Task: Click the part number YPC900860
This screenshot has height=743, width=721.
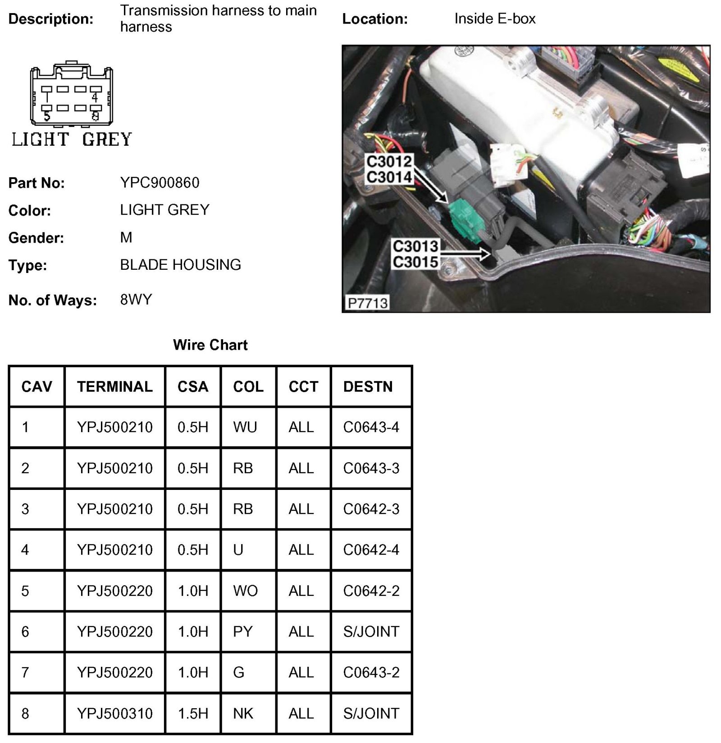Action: tap(160, 183)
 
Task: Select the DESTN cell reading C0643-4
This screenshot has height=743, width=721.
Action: tap(371, 427)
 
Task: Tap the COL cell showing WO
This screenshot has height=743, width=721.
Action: tap(245, 591)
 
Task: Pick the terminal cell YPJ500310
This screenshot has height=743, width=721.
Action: tap(115, 713)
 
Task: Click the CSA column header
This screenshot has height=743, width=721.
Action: tap(193, 387)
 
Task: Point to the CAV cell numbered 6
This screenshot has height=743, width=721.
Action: tap(25, 632)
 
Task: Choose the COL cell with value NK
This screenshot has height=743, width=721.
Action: tap(243, 713)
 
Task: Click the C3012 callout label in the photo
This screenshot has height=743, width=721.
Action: tap(389, 161)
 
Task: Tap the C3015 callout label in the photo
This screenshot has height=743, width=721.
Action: tap(415, 262)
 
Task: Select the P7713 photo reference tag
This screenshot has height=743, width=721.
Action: tap(368, 303)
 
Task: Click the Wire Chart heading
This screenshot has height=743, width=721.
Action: tap(210, 345)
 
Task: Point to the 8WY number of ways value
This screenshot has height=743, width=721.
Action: tap(136, 300)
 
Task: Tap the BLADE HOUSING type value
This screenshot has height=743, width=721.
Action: tap(180, 265)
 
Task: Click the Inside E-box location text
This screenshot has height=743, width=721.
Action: tap(495, 19)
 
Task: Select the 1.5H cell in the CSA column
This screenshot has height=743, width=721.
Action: tap(193, 713)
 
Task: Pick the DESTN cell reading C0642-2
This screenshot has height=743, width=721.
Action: tap(371, 591)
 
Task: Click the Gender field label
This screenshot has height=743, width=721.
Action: tap(36, 238)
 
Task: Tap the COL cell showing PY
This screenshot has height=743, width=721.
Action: tap(243, 632)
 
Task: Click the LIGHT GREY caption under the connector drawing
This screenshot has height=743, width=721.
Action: tap(72, 139)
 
